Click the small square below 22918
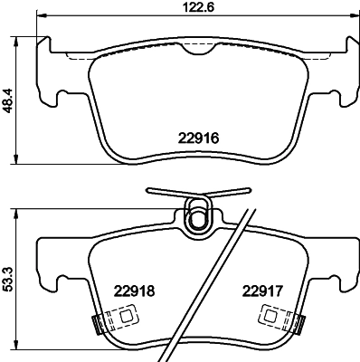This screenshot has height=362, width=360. click(x=127, y=316)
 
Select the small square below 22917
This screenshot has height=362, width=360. click(x=270, y=316)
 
